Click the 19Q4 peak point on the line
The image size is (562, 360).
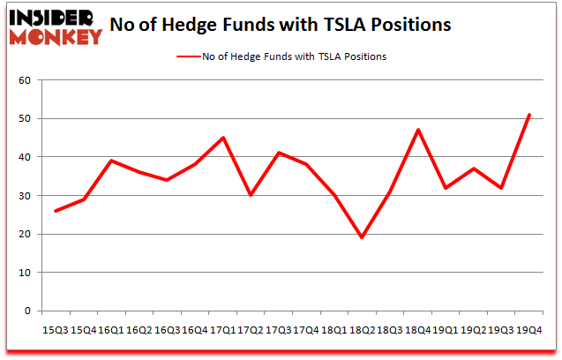pyautogui.click(x=528, y=115)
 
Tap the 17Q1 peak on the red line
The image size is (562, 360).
pyautogui.click(x=223, y=138)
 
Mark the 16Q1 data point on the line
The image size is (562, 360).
pyautogui.click(x=112, y=161)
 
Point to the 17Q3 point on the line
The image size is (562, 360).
pyautogui.click(x=279, y=153)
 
